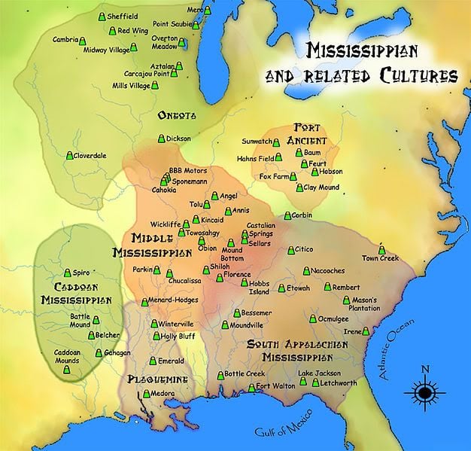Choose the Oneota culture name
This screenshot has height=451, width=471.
pyautogui.click(x=177, y=115)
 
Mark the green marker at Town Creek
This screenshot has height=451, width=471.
pyautogui.click(x=381, y=249)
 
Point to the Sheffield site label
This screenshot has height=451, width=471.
pyautogui.click(x=123, y=16)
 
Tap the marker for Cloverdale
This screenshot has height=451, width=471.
pyautogui.click(x=70, y=156)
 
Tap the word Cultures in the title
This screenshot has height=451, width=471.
pyautogui.click(x=418, y=76)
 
